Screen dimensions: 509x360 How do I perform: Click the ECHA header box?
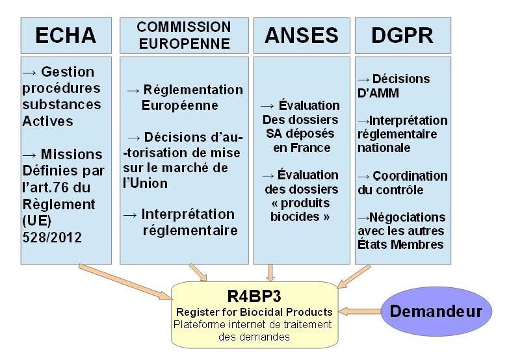[66, 36]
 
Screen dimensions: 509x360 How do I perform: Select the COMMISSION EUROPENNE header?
[184, 36]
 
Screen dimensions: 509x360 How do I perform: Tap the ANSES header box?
[302, 36]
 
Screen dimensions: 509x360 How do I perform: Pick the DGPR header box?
[403, 36]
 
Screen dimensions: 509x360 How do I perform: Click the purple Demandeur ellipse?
[436, 311]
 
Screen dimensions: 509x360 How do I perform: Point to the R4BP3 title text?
[254, 296]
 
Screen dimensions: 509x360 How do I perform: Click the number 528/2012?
[52, 237]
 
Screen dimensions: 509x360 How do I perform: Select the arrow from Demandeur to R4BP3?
[359, 312]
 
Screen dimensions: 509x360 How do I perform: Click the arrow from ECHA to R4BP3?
[125, 282]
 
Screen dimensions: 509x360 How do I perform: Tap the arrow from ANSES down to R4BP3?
[270, 273]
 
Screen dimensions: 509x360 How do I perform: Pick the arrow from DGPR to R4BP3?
[354, 276]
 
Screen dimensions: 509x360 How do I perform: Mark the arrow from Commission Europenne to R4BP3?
[198, 272]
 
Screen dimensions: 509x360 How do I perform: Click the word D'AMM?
[378, 93]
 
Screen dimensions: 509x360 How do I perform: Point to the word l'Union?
[146, 183]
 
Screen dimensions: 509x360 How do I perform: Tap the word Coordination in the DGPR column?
[410, 176]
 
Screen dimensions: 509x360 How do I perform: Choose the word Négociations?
[408, 217]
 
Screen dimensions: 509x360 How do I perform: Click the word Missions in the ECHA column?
[72, 154]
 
